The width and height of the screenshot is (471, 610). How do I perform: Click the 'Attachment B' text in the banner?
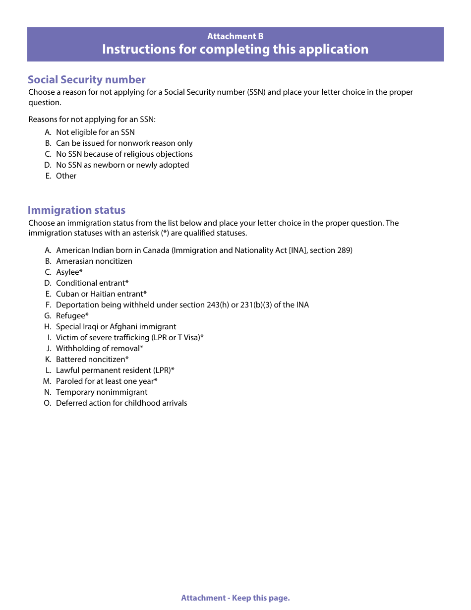point(235,36)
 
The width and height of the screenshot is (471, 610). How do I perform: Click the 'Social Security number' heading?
point(87,80)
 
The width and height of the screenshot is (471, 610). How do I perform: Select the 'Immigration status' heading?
point(77,210)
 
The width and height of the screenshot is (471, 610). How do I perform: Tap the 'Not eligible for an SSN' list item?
point(95,132)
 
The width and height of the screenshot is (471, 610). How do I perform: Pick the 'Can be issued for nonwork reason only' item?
point(124,143)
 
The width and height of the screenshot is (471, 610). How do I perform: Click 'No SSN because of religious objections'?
point(124,154)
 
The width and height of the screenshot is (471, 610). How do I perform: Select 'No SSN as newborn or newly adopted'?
point(122,165)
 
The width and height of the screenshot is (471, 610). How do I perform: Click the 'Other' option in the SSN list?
point(66,176)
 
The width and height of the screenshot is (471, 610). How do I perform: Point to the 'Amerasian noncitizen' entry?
point(94,261)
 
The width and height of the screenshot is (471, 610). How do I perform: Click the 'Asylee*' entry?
point(69,272)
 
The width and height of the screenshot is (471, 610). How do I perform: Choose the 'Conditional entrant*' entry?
point(92,283)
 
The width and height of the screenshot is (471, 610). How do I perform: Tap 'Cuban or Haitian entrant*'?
point(101,294)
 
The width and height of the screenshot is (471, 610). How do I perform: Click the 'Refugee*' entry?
point(72,316)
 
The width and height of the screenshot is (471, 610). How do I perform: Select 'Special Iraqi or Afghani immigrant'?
point(116,327)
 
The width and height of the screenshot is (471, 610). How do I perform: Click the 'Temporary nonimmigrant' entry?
point(102,392)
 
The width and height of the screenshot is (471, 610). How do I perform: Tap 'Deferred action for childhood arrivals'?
point(121,403)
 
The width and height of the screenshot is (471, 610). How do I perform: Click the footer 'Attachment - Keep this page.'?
point(235,598)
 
